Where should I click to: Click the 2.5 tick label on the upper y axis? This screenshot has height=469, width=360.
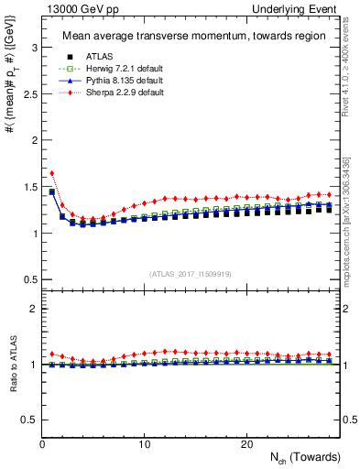pyautogui.click(x=29, y=93)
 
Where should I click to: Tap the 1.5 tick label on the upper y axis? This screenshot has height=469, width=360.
pyautogui.click(x=29, y=187)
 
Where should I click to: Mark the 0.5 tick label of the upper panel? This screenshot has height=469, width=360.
pyautogui.click(x=29, y=279)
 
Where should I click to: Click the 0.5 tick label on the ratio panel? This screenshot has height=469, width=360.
pyautogui.click(x=29, y=420)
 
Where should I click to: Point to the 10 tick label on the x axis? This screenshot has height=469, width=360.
pyautogui.click(x=144, y=444)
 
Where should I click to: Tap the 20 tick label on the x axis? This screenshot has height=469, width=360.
pyautogui.click(x=245, y=444)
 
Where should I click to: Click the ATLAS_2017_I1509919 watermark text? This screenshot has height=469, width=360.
pyautogui.click(x=191, y=272)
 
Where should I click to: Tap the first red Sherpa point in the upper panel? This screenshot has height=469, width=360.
pyautogui.click(x=52, y=172)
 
